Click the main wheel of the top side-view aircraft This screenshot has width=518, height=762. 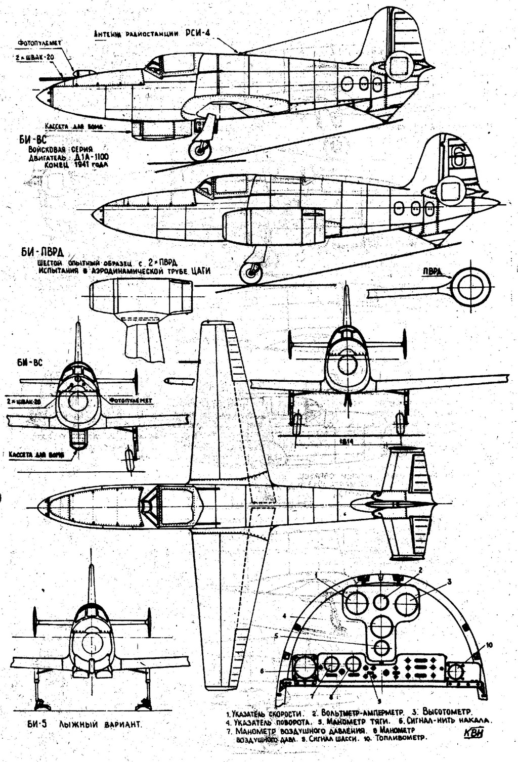pyautogui.click(x=199, y=150)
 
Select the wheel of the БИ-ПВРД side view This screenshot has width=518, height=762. pyautogui.click(x=250, y=274)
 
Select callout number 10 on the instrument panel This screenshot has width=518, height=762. pyautogui.click(x=489, y=645)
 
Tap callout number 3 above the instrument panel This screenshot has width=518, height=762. pyautogui.click(x=448, y=580)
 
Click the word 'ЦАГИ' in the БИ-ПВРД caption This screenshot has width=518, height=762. pyautogui.click(x=201, y=272)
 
